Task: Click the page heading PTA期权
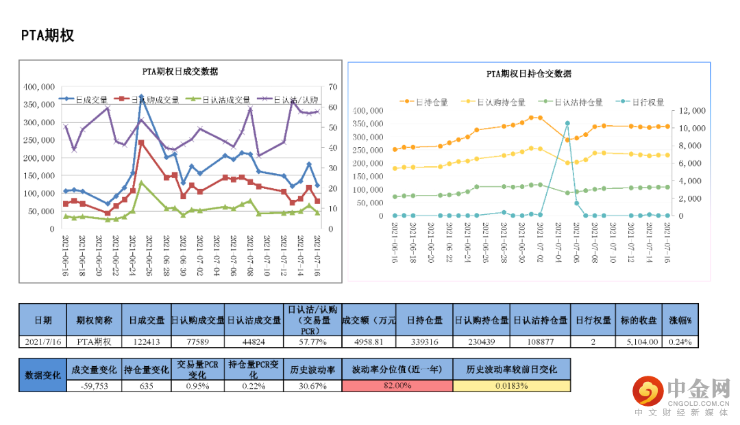pyautogui.click(x=47, y=36)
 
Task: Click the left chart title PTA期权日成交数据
pyautogui.click(x=180, y=71)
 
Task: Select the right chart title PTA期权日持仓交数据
pyautogui.click(x=528, y=73)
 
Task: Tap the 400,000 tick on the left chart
pyautogui.click(x=39, y=87)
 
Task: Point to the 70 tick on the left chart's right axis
pyautogui.click(x=333, y=87)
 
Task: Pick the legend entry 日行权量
pyautogui.click(x=641, y=102)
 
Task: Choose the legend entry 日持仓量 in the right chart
pyautogui.click(x=425, y=102)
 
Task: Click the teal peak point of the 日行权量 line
pyautogui.click(x=567, y=124)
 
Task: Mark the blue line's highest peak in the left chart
pyautogui.click(x=141, y=97)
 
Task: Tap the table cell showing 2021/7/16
pyautogui.click(x=42, y=342)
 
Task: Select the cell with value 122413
pyautogui.click(x=147, y=342)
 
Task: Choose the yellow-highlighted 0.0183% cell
pyautogui.click(x=511, y=385)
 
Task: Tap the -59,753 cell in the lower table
pyautogui.click(x=95, y=385)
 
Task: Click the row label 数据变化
pyautogui.click(x=42, y=375)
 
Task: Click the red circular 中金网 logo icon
pyautogui.click(x=647, y=391)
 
